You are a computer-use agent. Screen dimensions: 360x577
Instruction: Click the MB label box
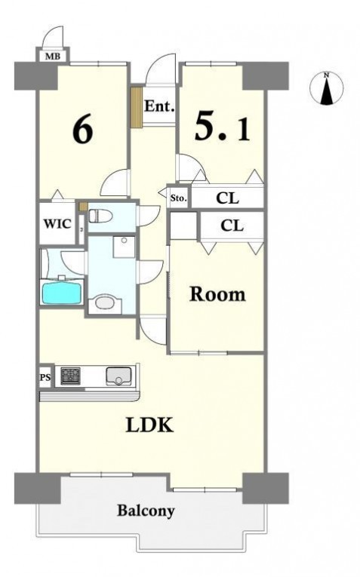(x=54, y=57)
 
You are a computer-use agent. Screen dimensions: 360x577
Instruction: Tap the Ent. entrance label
(x=159, y=106)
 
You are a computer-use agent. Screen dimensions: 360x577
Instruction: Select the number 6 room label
(x=83, y=130)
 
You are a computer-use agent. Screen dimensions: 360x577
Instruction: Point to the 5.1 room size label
(x=222, y=126)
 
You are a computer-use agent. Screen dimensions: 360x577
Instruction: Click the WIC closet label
(x=57, y=223)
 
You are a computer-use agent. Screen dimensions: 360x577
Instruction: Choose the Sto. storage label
(x=179, y=198)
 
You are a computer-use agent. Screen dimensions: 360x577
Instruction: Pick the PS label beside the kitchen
(x=45, y=377)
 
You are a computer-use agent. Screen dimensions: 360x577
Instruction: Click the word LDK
(x=149, y=425)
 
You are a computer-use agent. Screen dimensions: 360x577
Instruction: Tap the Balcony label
(x=146, y=511)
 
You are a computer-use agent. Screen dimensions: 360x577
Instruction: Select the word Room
(x=217, y=294)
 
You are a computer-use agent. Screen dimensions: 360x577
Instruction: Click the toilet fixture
(x=100, y=216)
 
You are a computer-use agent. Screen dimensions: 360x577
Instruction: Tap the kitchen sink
(x=118, y=376)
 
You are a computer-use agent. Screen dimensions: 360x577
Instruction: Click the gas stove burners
(x=70, y=376)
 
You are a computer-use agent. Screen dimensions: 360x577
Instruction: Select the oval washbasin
(x=105, y=304)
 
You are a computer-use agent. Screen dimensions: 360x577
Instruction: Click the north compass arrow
(x=326, y=89)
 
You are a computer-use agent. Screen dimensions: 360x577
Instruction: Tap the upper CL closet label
(x=227, y=198)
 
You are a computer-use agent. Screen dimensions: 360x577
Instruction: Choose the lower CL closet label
(x=232, y=226)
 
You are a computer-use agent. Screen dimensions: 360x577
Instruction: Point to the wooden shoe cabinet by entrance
(x=137, y=107)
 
